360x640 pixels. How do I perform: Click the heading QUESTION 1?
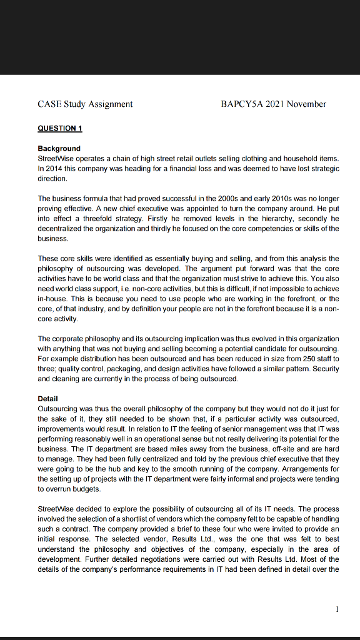[x=60, y=127]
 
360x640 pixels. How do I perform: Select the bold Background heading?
[x=59, y=148]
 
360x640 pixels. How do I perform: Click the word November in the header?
[x=306, y=104]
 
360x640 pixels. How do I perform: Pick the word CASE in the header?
[x=49, y=104]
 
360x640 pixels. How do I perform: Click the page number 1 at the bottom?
[x=336, y=609]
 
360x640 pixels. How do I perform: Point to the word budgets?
[x=87, y=489]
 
